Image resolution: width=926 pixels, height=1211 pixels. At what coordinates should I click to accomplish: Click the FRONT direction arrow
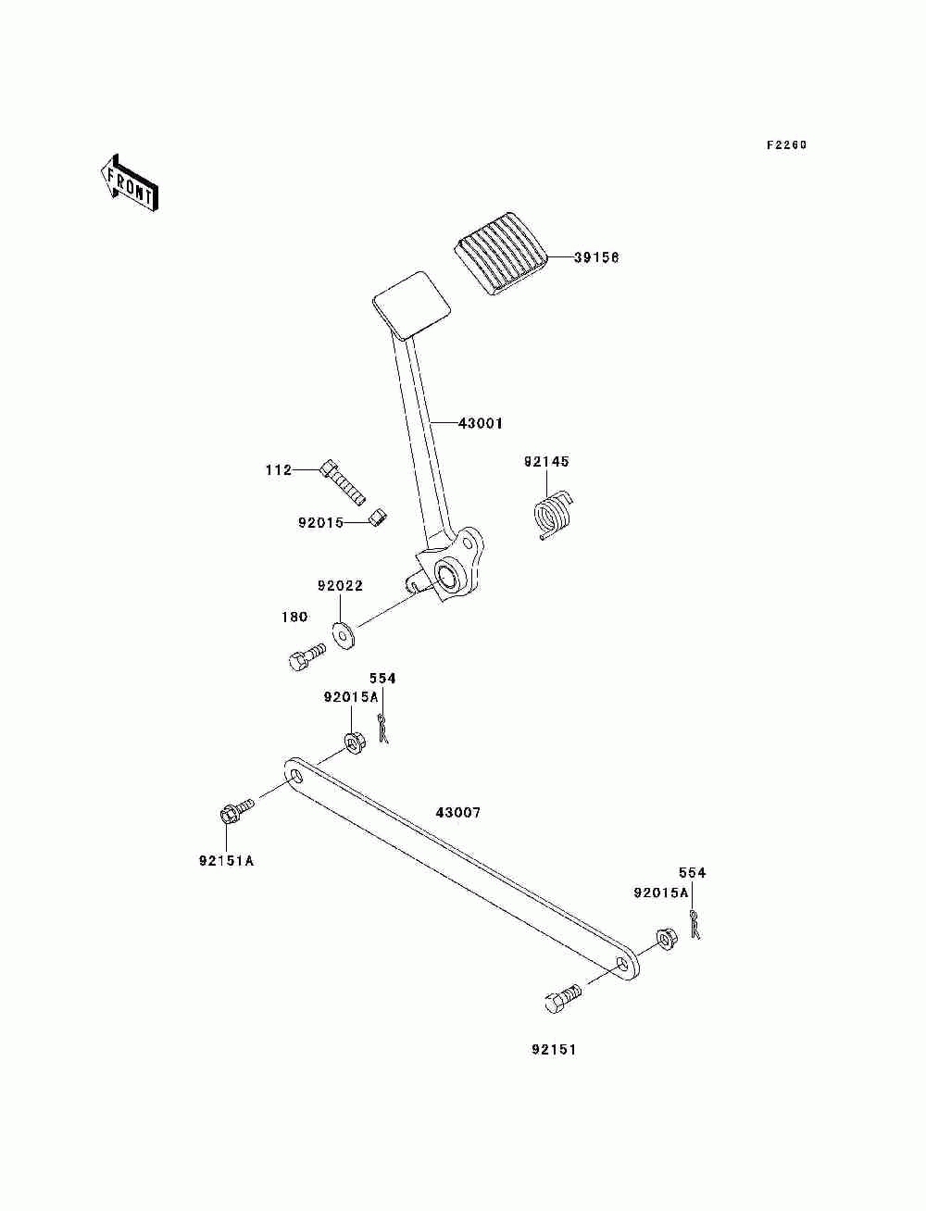pos(130,182)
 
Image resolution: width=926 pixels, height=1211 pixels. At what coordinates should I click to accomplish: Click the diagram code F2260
pos(786,145)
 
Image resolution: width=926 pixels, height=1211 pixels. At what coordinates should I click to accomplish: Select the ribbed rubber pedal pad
pos(500,254)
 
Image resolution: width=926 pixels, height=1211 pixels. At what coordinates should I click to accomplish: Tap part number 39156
pos(596,257)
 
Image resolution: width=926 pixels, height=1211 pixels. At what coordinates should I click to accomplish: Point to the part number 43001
pos(480,423)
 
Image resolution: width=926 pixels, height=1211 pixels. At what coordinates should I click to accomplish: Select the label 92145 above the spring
pos(545,461)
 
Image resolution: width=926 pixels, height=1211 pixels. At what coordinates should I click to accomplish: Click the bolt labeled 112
pos(342,481)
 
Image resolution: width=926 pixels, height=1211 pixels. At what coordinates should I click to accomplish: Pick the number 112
pos(278,470)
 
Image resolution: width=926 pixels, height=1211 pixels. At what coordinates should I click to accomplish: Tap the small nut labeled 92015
pos(378,518)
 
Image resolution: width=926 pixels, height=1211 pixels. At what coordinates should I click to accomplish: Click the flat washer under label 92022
pos(344,635)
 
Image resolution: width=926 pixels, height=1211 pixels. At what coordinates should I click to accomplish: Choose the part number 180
pos(294,617)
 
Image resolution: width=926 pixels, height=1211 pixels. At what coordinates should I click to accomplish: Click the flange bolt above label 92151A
pos(236,816)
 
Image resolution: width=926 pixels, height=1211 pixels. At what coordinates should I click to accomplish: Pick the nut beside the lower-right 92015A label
pos(666,939)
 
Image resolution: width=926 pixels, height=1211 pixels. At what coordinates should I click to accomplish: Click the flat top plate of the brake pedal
pos(412,306)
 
